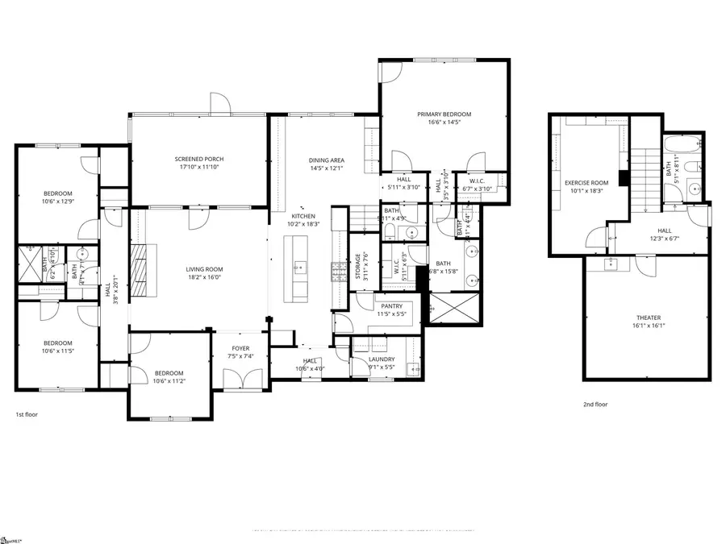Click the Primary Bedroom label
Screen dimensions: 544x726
(444, 114)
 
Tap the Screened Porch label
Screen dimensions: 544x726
(199, 159)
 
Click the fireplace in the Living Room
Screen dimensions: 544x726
(139, 270)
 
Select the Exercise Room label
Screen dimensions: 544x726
(586, 183)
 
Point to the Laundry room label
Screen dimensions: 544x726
(382, 359)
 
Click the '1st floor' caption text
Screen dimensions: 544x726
(27, 414)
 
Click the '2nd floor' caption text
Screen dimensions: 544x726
(595, 405)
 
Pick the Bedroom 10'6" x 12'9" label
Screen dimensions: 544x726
(58, 193)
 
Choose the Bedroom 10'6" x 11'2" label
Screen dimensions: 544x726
(169, 372)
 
